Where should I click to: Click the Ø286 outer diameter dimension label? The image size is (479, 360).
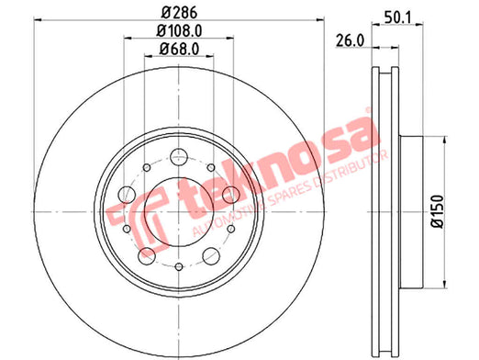[179, 12]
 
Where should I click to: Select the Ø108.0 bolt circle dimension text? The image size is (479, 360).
[179, 30]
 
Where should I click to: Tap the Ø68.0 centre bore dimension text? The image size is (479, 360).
[179, 49]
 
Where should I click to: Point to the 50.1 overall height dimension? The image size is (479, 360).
[397, 17]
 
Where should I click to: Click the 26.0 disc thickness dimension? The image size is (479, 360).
[351, 40]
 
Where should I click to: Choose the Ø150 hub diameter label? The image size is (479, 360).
[437, 211]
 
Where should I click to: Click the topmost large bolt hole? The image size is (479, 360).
[179, 156]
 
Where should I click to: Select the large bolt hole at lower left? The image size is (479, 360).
[147, 256]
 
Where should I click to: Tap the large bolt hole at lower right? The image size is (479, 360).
[211, 256]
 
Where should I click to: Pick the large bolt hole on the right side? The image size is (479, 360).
[231, 195]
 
